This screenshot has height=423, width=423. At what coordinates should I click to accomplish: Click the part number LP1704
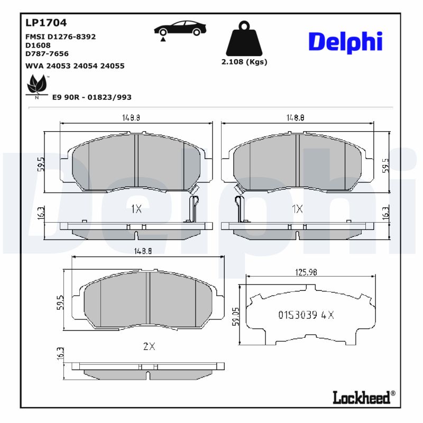(x=45, y=23)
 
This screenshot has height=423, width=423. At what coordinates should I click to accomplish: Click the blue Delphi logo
(x=345, y=42)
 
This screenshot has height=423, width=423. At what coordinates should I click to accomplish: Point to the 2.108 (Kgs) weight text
(x=244, y=61)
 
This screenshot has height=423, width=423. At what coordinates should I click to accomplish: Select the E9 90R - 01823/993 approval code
(x=91, y=97)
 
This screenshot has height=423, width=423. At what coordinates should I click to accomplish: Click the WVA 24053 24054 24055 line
(x=75, y=66)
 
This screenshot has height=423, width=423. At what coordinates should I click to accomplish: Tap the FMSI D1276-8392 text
(x=60, y=36)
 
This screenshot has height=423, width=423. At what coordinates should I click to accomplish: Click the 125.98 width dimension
(x=305, y=273)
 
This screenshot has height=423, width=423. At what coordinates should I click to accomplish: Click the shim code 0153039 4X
(x=306, y=315)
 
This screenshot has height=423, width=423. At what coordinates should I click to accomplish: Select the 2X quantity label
(x=149, y=347)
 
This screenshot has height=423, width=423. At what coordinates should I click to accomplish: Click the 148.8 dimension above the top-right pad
(x=295, y=119)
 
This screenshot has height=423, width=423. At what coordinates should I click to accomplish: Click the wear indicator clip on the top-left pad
(x=194, y=206)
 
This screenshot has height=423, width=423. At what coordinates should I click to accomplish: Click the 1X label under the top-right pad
(x=297, y=209)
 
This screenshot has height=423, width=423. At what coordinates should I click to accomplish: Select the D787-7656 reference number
(x=47, y=53)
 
